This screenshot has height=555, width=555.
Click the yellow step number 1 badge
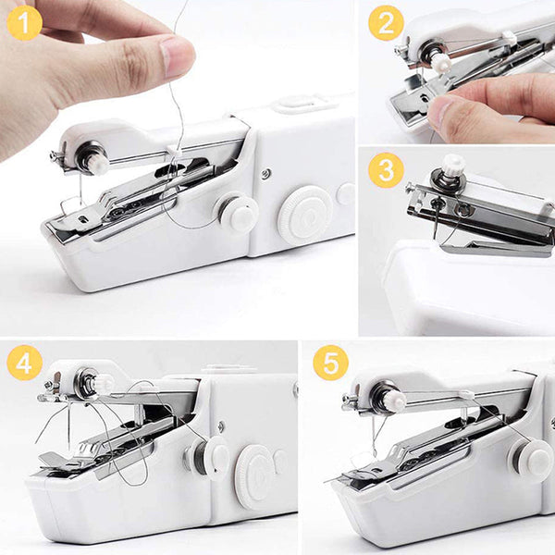[x=24, y=23]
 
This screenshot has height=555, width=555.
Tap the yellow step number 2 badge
[x=386, y=23]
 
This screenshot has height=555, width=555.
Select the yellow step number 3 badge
[x=386, y=170]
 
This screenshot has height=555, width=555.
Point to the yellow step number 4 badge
[x=24, y=363]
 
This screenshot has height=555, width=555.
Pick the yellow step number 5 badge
[x=330, y=363]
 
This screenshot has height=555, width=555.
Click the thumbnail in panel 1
[x=177, y=56]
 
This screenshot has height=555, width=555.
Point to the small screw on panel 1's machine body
[x=265, y=173]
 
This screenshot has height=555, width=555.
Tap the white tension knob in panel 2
[x=441, y=63]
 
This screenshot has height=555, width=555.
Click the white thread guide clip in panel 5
[x=465, y=393]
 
